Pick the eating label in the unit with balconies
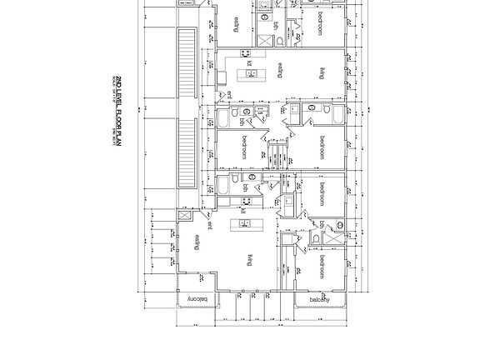click(x=197, y=242)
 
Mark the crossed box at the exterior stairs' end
click(x=185, y=215)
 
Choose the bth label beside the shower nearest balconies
click(x=322, y=226)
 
